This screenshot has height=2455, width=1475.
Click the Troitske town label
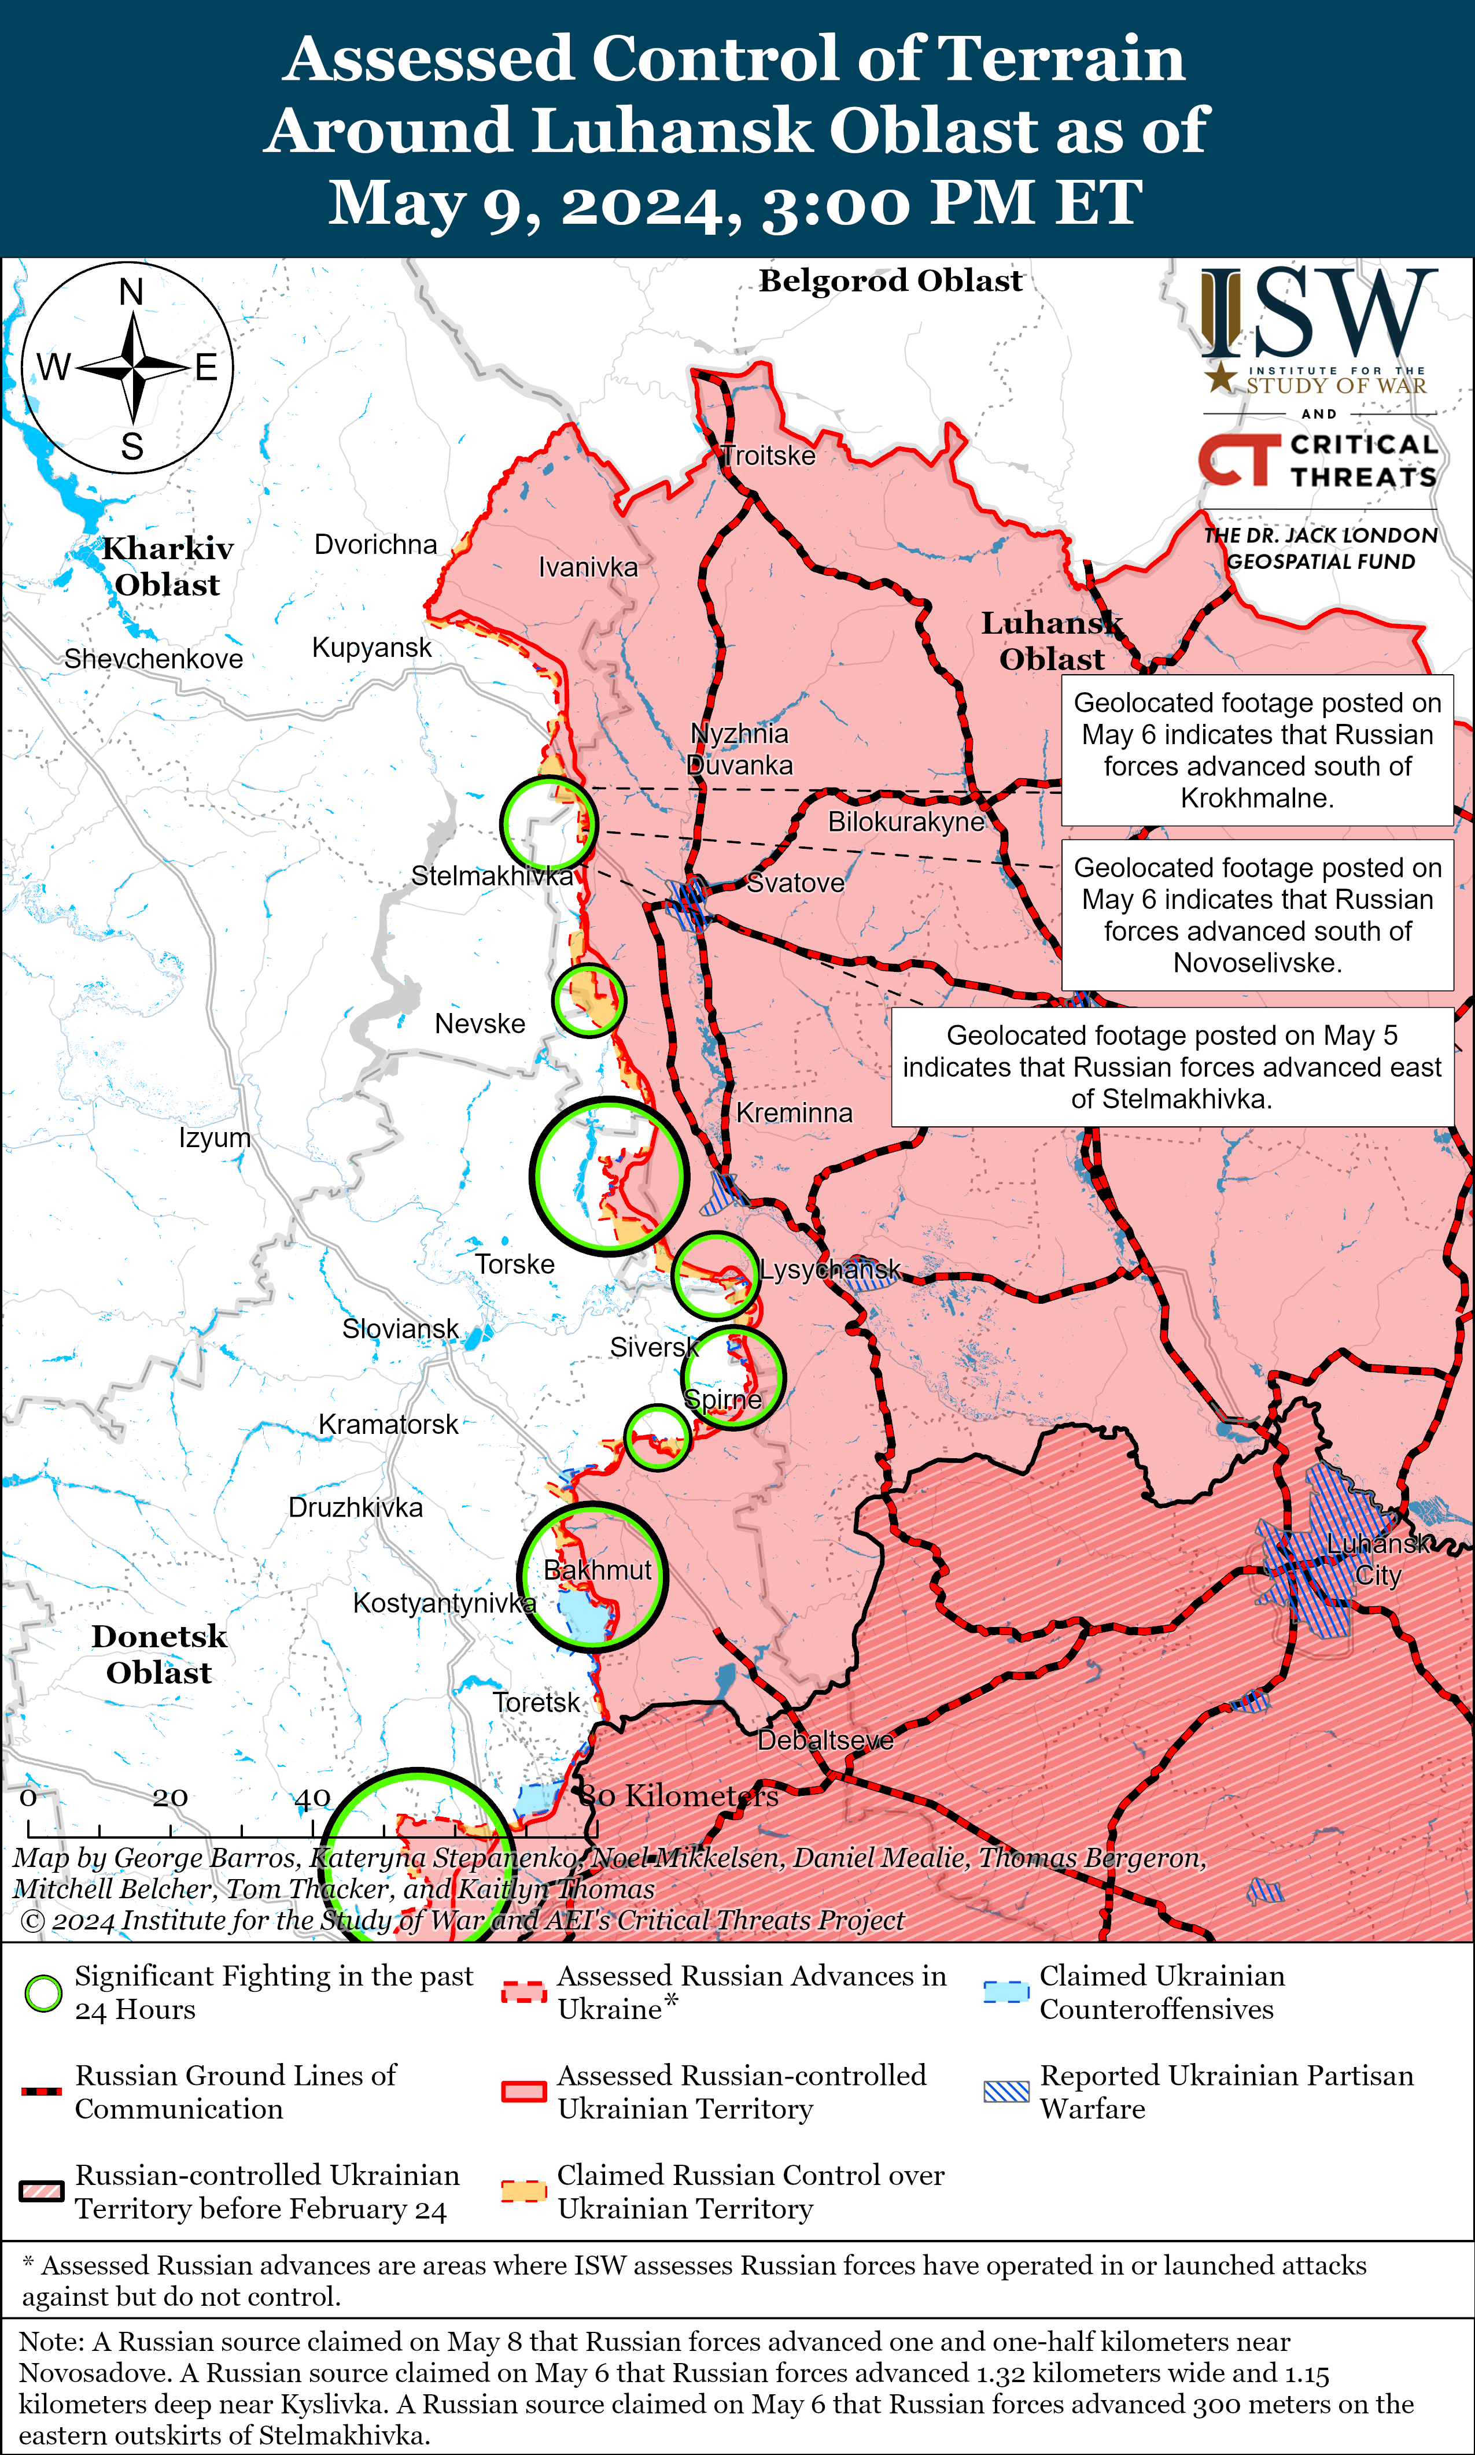pos(768,456)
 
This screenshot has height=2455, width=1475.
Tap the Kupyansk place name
pos(372,648)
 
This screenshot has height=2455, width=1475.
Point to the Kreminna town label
pos(794,1113)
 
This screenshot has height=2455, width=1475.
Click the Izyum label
pos(215,1137)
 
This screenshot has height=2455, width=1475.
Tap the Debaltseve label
pos(825,1741)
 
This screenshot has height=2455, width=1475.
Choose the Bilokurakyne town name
pos(905,822)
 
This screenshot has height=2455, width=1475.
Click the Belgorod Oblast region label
pos(891,281)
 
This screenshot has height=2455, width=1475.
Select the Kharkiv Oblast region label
pos(168,566)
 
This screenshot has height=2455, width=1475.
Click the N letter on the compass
pos(131,292)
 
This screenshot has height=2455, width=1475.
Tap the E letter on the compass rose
pos(206,368)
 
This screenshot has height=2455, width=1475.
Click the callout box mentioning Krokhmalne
pos(1258,750)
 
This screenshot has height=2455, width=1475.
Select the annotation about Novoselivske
pos(1258,915)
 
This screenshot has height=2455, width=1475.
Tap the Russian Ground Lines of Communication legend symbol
pos(42,2091)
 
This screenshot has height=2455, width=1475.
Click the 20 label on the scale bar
pos(170,1797)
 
